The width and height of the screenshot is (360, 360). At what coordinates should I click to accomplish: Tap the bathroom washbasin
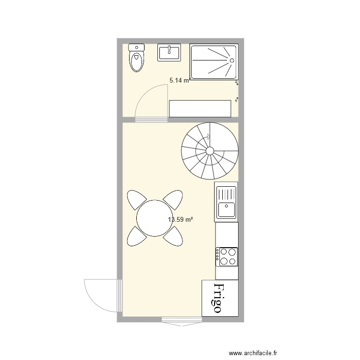click(x=169, y=52)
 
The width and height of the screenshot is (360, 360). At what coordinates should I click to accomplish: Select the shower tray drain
click(x=232, y=61)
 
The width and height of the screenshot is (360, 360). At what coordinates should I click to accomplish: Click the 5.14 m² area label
click(x=179, y=81)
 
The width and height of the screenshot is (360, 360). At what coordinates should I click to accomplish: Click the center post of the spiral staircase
click(x=210, y=151)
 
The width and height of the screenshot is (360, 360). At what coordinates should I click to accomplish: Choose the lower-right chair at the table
click(x=174, y=235)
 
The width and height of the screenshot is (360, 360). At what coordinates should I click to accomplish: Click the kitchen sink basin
click(x=226, y=210)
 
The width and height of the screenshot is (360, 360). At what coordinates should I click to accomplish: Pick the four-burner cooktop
click(x=227, y=256)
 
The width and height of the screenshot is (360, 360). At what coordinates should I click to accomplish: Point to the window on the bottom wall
click(x=181, y=321)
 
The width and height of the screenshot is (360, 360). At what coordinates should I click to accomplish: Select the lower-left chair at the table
click(x=136, y=236)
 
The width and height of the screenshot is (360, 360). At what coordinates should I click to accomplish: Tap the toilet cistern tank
click(x=137, y=48)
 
